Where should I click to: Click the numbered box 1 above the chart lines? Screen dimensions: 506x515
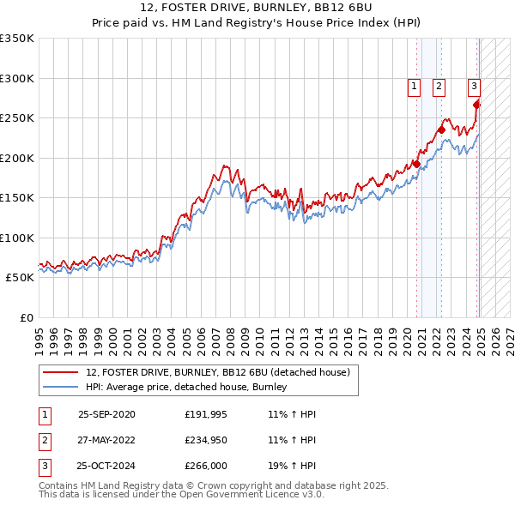(414, 86)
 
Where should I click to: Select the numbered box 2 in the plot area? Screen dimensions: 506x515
(439, 86)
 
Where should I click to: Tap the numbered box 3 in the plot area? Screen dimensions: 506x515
(474, 86)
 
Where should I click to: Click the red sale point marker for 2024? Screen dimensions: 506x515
(477, 105)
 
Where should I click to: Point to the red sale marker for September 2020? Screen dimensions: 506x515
(416, 164)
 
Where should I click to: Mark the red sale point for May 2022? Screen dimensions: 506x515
(441, 130)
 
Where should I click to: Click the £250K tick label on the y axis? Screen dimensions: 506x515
(17, 118)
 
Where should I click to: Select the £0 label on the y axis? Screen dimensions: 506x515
(26, 317)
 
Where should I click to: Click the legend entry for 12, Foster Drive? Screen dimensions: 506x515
(217, 373)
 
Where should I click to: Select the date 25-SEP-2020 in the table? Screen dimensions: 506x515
(106, 414)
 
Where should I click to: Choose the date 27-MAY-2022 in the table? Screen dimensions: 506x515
(106, 441)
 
